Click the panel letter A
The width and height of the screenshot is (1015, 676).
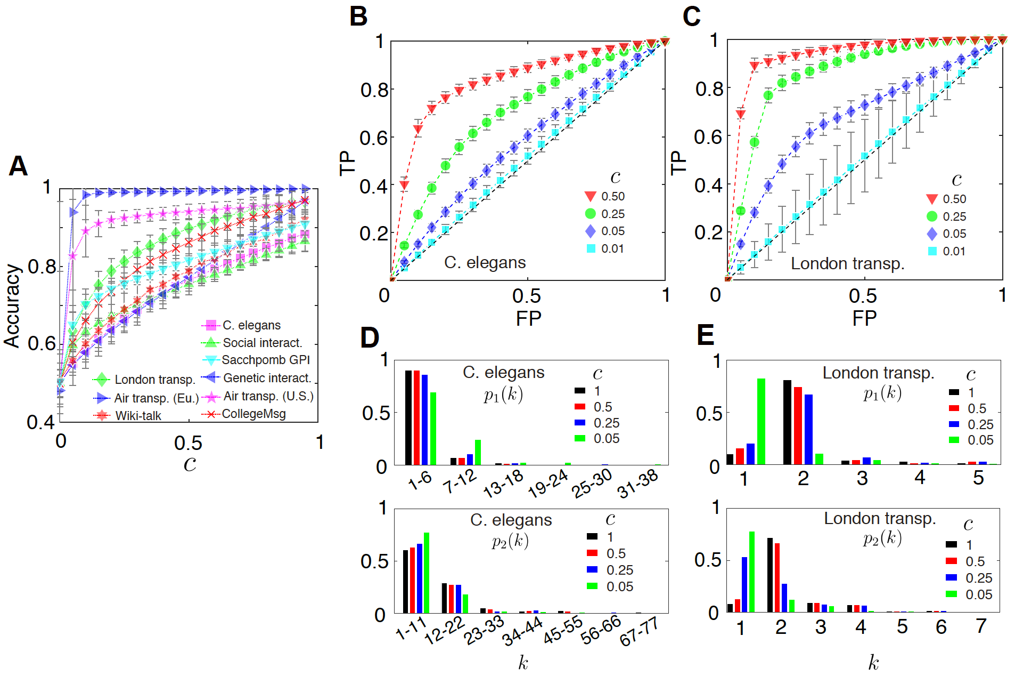[18, 166]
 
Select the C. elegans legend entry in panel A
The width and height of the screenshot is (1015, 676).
[251, 325]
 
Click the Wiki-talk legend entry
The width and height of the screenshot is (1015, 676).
[138, 416]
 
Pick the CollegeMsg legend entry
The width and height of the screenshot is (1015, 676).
[253, 414]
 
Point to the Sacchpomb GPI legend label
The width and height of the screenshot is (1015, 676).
[266, 360]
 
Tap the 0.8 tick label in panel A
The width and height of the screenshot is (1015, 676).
[42, 267]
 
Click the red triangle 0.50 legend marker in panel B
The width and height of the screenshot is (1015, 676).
[590, 196]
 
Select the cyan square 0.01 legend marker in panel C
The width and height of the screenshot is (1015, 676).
[932, 251]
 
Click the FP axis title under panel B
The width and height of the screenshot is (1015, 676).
[528, 318]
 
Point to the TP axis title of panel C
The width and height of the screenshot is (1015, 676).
[678, 163]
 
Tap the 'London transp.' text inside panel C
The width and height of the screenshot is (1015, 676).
[847, 263]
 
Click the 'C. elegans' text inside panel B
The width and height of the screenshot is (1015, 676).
[485, 262]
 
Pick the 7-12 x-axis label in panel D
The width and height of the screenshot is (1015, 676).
[459, 481]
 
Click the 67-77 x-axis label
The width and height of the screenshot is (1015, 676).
[639, 631]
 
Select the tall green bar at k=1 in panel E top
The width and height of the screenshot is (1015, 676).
[761, 421]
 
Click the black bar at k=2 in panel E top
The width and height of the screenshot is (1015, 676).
[787, 422]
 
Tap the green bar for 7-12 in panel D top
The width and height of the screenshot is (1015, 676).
[478, 452]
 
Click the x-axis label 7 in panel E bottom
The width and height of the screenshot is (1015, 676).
[981, 626]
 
